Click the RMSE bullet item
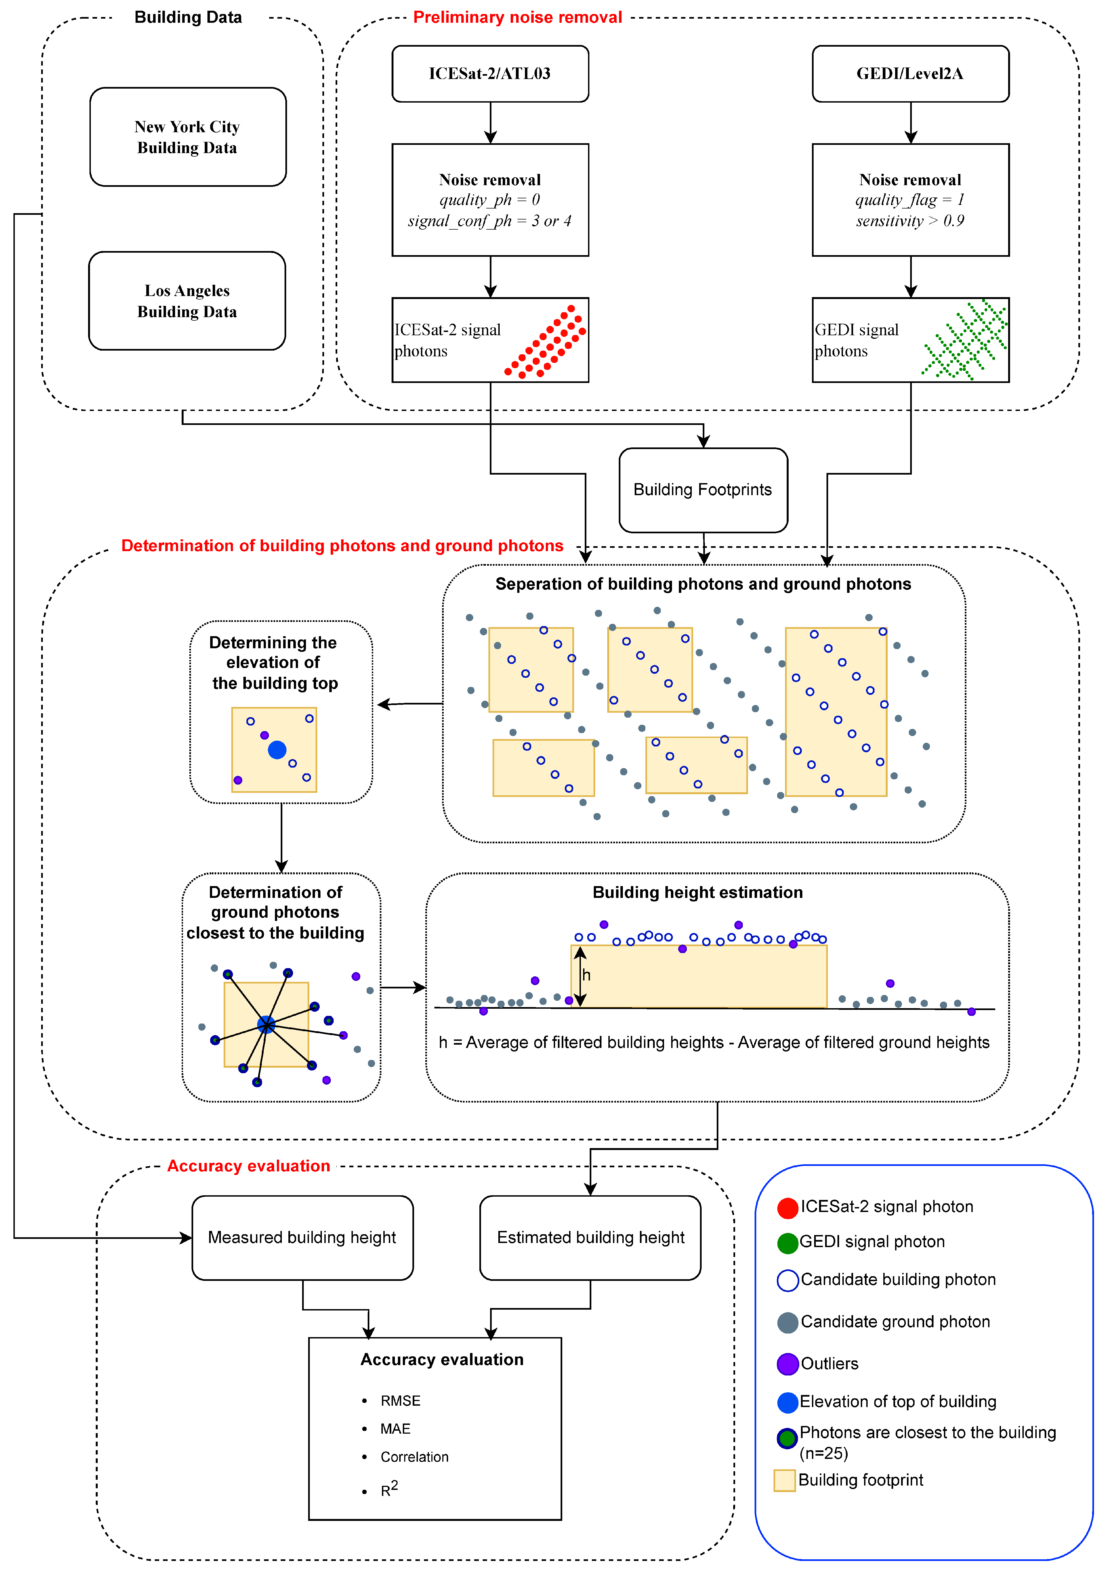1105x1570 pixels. [x=400, y=1400]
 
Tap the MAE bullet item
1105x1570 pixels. [x=395, y=1428]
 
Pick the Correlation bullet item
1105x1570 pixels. [x=414, y=1456]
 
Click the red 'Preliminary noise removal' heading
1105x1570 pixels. [x=518, y=17]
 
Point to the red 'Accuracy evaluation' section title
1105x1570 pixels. [x=249, y=1166]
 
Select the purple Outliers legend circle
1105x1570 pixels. [x=788, y=1364]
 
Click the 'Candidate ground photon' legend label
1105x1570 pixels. [x=895, y=1322]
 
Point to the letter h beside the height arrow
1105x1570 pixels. [x=586, y=975]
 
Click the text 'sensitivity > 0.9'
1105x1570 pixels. [x=910, y=221]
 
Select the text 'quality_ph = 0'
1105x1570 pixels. [x=490, y=200]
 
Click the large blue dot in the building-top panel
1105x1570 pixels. [x=277, y=750]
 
